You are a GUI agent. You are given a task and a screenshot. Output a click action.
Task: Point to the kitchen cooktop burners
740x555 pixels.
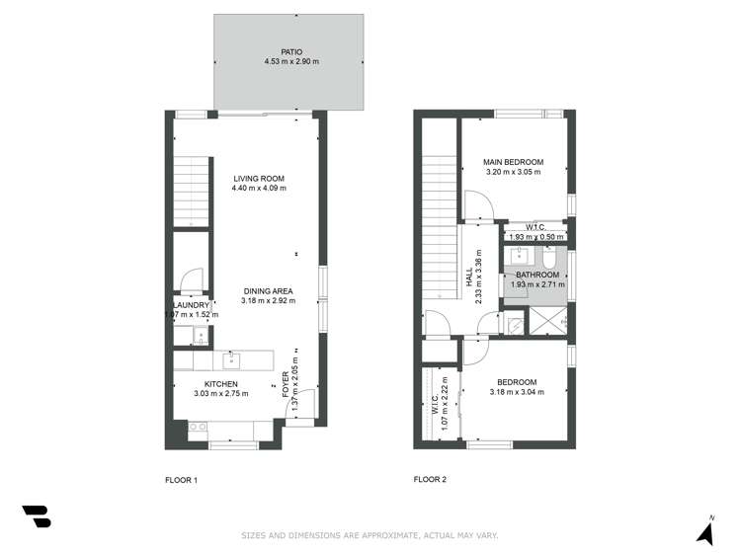pos(197,428)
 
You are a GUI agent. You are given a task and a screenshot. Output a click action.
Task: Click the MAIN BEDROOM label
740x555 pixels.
pos(513,162)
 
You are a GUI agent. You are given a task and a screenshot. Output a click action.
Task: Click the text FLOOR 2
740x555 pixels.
pos(430,480)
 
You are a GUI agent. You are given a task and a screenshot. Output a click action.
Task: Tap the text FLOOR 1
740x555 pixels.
pos(181,480)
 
